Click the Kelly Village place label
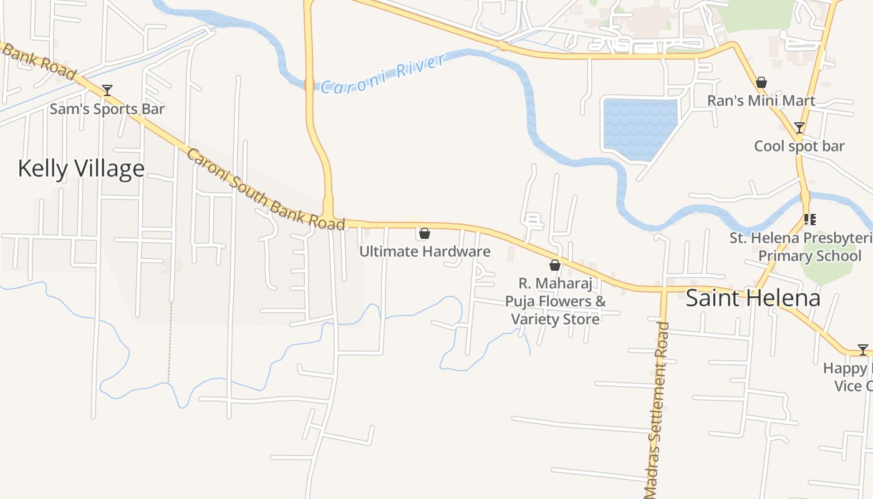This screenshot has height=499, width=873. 81,168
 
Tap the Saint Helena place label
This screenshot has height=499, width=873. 753,298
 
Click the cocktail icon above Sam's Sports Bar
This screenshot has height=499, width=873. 107,90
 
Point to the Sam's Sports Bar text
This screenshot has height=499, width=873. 107,109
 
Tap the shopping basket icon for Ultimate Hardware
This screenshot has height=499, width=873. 425,233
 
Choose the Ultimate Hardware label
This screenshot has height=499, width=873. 425,251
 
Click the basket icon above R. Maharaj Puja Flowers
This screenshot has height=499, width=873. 555,265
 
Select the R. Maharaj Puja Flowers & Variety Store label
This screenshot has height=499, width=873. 555,301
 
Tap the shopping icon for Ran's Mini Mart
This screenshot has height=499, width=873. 761,82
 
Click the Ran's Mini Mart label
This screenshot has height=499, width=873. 761,100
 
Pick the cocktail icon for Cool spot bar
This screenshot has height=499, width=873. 799,128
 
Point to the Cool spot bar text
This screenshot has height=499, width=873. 799,146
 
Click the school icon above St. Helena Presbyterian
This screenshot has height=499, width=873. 810,219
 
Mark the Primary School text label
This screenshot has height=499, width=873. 810,256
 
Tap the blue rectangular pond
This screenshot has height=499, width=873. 639,128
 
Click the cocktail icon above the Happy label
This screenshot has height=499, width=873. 863,349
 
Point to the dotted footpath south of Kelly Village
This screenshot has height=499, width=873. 170,343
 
